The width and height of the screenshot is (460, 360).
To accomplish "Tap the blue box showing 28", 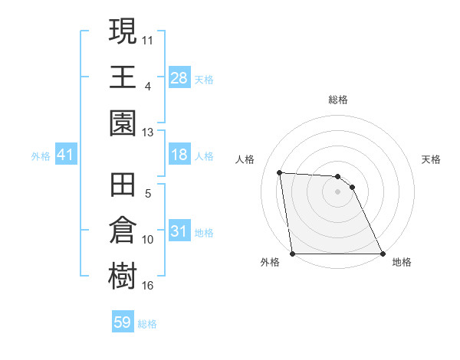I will coord(179,78).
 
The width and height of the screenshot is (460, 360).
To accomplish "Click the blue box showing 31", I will coord(179,231).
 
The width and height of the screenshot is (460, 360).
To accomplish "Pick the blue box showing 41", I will coord(65,155).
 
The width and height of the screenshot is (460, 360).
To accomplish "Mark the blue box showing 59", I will coord(122,322).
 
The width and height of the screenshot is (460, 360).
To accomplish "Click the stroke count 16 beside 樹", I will coord(147,286).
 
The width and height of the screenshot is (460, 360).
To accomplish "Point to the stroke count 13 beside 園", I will coord(147,132).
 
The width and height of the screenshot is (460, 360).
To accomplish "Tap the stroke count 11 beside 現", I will coord(147,38).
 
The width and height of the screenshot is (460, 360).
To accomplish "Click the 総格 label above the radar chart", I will coord(338,100).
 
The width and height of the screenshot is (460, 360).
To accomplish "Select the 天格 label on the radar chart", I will coord(432,159).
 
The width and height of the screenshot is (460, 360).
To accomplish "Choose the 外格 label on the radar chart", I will coord(270,262).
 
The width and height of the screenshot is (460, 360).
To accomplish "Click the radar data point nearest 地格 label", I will coord(382,254).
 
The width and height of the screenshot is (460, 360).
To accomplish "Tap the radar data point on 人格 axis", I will coord(280,172).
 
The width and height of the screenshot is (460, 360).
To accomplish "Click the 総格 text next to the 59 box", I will coord(147,324).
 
